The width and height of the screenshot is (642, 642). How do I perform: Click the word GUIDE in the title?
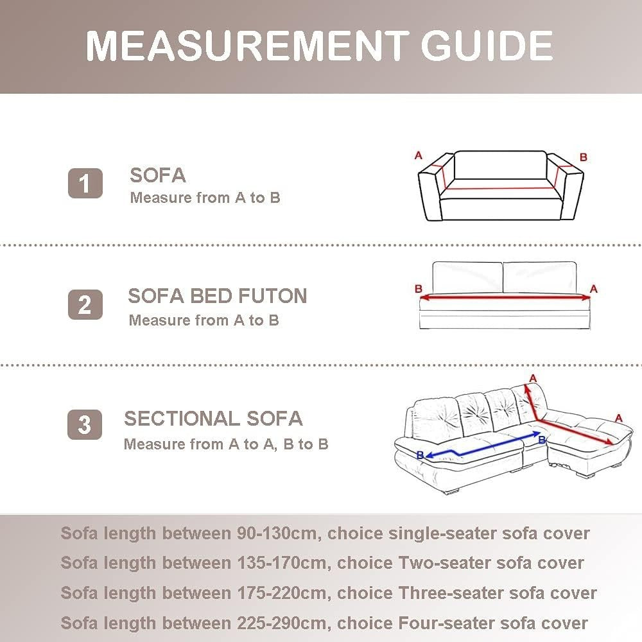(487, 46)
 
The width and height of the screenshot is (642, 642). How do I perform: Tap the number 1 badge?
(85, 183)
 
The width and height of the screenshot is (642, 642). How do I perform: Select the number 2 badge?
(85, 304)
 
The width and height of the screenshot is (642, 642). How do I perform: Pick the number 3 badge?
(85, 424)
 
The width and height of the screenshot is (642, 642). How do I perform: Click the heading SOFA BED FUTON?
(218, 296)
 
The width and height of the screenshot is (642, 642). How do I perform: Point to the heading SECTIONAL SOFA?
(213, 419)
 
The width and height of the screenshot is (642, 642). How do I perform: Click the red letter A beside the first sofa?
(418, 155)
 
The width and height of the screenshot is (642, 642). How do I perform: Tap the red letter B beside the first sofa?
(584, 157)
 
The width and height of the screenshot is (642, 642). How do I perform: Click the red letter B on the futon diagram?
(418, 289)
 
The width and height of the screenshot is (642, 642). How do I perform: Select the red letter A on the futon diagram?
(594, 289)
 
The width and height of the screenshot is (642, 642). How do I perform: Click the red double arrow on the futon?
(505, 297)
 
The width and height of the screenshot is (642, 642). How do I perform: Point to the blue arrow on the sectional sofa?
(483, 446)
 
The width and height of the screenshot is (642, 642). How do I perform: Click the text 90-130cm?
(277, 534)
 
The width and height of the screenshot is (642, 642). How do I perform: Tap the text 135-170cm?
(282, 563)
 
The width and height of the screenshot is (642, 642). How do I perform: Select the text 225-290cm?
(282, 623)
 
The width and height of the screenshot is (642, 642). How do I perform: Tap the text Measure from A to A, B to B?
(226, 444)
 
